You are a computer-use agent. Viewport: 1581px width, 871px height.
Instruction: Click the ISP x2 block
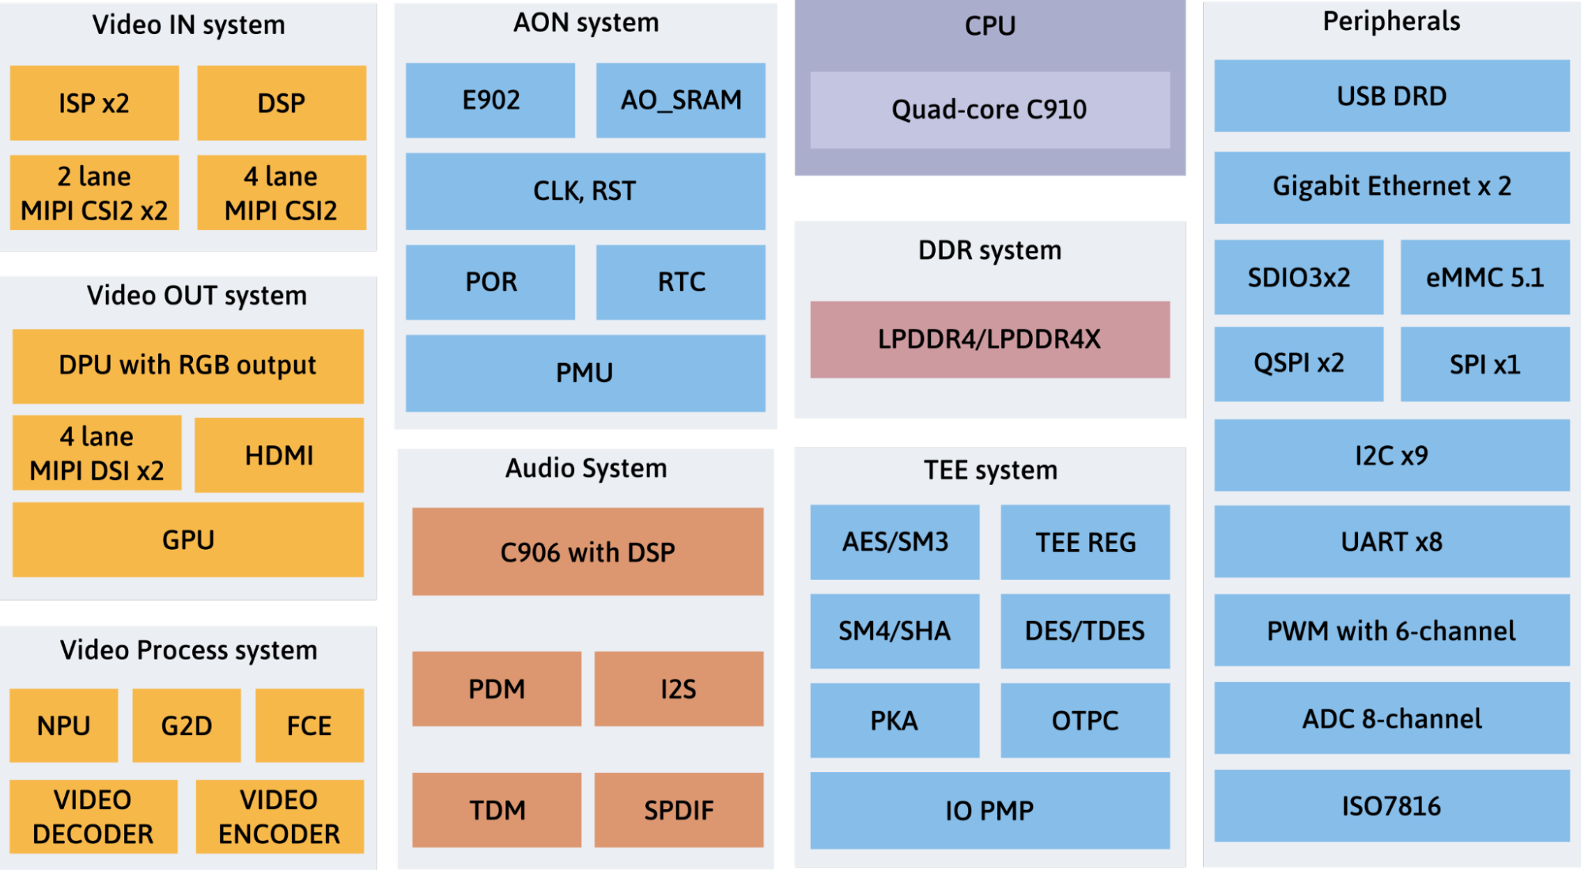pyautogui.click(x=94, y=103)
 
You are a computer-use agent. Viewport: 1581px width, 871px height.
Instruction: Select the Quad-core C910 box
pyautogui.click(x=989, y=109)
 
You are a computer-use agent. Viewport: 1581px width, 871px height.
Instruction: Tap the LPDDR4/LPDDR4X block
pyautogui.click(x=989, y=339)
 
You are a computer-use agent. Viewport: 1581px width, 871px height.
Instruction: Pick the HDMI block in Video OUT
pyautogui.click(x=279, y=455)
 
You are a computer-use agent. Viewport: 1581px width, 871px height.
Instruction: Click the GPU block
pyautogui.click(x=188, y=540)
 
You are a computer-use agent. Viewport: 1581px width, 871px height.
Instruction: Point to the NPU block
pyautogui.click(x=64, y=725)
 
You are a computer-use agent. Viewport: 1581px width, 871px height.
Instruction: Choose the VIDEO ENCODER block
pyautogui.click(x=279, y=816)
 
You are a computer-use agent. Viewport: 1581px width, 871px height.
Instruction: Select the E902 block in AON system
pyautogui.click(x=490, y=100)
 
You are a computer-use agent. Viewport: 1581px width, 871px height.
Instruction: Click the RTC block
pyautogui.click(x=680, y=282)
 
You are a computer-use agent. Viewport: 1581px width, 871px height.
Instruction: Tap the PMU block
pyautogui.click(x=585, y=373)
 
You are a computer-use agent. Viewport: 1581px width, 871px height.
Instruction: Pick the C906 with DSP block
pyautogui.click(x=588, y=551)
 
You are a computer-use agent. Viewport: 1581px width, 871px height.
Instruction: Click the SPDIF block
pyautogui.click(x=679, y=810)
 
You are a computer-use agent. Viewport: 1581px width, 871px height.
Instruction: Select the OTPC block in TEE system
pyautogui.click(x=1084, y=721)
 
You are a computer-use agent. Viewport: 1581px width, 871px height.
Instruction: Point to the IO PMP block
pyautogui.click(x=989, y=810)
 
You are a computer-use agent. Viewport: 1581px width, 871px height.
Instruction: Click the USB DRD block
pyautogui.click(x=1391, y=96)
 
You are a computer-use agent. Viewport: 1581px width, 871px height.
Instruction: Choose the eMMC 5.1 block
pyautogui.click(x=1485, y=277)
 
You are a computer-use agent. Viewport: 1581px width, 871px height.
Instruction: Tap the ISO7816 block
pyautogui.click(x=1391, y=806)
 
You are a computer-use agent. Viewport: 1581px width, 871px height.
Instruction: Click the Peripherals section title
pyautogui.click(x=1391, y=21)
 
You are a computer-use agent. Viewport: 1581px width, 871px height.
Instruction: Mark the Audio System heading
pyautogui.click(x=586, y=468)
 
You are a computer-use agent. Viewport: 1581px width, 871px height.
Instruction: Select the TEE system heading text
pyautogui.click(x=990, y=470)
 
